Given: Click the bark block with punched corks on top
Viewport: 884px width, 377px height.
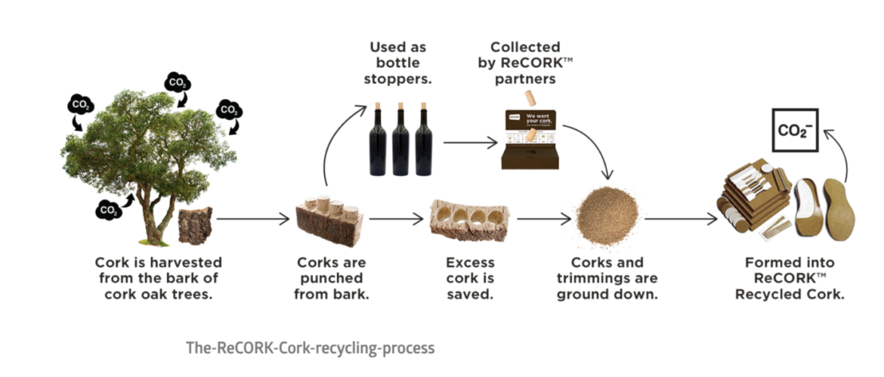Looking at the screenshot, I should (x=329, y=222).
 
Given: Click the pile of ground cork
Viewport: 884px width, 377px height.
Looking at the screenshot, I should (x=607, y=215).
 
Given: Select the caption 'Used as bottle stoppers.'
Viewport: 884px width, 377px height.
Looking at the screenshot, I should (x=399, y=63).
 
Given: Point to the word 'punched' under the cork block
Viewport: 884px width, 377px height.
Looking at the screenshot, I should (x=332, y=278).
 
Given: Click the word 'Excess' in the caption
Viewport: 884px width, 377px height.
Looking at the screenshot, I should (x=471, y=263).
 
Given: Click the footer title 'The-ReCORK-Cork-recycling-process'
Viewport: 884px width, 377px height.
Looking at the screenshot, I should (x=311, y=348).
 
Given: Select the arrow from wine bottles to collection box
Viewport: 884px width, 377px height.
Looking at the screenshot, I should (x=470, y=141).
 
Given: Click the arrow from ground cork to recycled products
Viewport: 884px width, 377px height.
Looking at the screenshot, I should (x=680, y=220).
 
